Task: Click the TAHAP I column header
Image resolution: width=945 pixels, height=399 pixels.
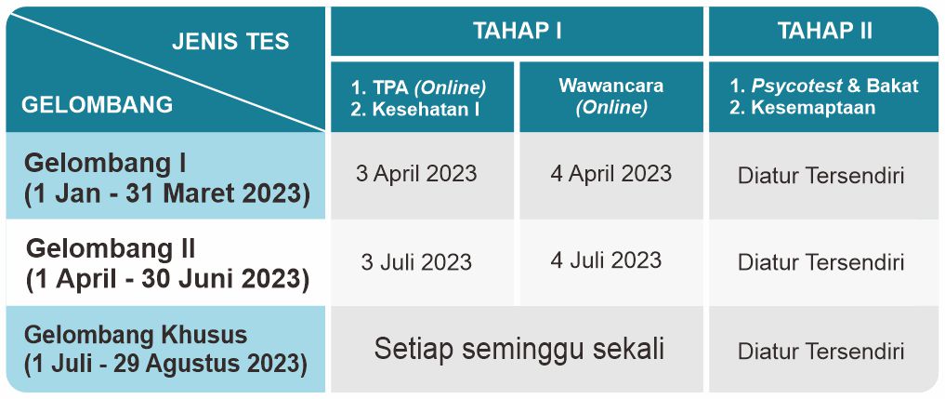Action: [517, 31]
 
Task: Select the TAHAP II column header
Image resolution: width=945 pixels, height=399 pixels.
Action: [824, 31]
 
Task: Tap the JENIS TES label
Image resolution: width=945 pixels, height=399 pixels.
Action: [230, 42]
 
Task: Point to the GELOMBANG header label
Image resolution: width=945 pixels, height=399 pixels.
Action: [97, 105]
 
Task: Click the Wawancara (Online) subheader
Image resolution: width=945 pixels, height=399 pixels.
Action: [611, 96]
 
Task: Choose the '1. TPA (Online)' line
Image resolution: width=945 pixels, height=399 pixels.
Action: [418, 88]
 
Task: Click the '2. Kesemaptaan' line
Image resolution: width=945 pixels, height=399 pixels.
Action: [802, 108]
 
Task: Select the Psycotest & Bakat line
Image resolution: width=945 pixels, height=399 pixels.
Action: [824, 86]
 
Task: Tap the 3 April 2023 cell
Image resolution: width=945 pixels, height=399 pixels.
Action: [416, 174]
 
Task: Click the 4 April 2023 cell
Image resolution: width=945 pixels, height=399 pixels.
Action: [610, 174]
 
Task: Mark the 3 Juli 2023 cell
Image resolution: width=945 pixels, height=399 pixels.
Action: [416, 262]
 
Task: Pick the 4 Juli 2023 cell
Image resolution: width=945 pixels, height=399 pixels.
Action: [606, 260]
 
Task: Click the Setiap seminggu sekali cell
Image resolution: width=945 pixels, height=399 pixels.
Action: [518, 349]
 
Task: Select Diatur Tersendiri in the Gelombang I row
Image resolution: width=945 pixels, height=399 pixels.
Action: [820, 177]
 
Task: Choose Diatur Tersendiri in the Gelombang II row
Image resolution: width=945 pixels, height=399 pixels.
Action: [820, 262]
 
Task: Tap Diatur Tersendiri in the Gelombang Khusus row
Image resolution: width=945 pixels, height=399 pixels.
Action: [820, 352]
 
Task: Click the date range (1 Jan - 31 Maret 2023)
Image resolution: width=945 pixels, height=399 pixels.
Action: [167, 194]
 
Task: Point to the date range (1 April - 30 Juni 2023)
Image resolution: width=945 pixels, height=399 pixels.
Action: [167, 281]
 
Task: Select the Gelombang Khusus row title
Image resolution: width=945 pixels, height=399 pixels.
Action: [136, 335]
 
